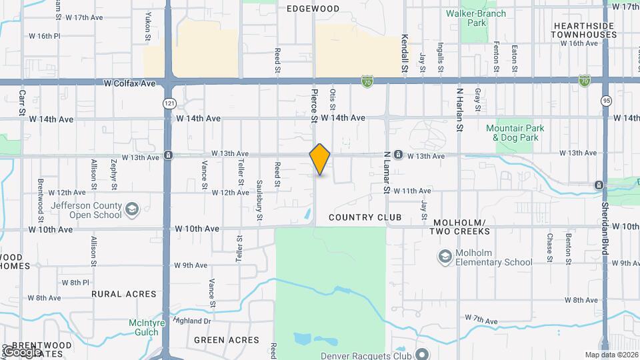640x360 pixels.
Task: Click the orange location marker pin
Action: click(x=320, y=159)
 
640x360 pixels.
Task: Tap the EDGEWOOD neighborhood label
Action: click(x=313, y=9)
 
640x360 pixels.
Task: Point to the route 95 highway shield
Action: click(x=605, y=101)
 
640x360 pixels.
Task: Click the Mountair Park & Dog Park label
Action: click(x=515, y=133)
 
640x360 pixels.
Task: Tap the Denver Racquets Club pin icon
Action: click(x=421, y=354)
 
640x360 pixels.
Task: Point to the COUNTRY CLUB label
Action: click(x=365, y=218)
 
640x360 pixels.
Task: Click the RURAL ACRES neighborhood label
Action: click(x=124, y=294)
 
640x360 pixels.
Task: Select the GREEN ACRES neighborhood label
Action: click(x=227, y=340)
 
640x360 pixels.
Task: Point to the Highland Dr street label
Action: click(x=192, y=321)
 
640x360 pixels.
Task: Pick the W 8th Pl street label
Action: click(x=75, y=283)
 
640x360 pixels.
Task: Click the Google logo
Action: click(x=23, y=351)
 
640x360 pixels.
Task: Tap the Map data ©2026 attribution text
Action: click(x=610, y=355)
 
